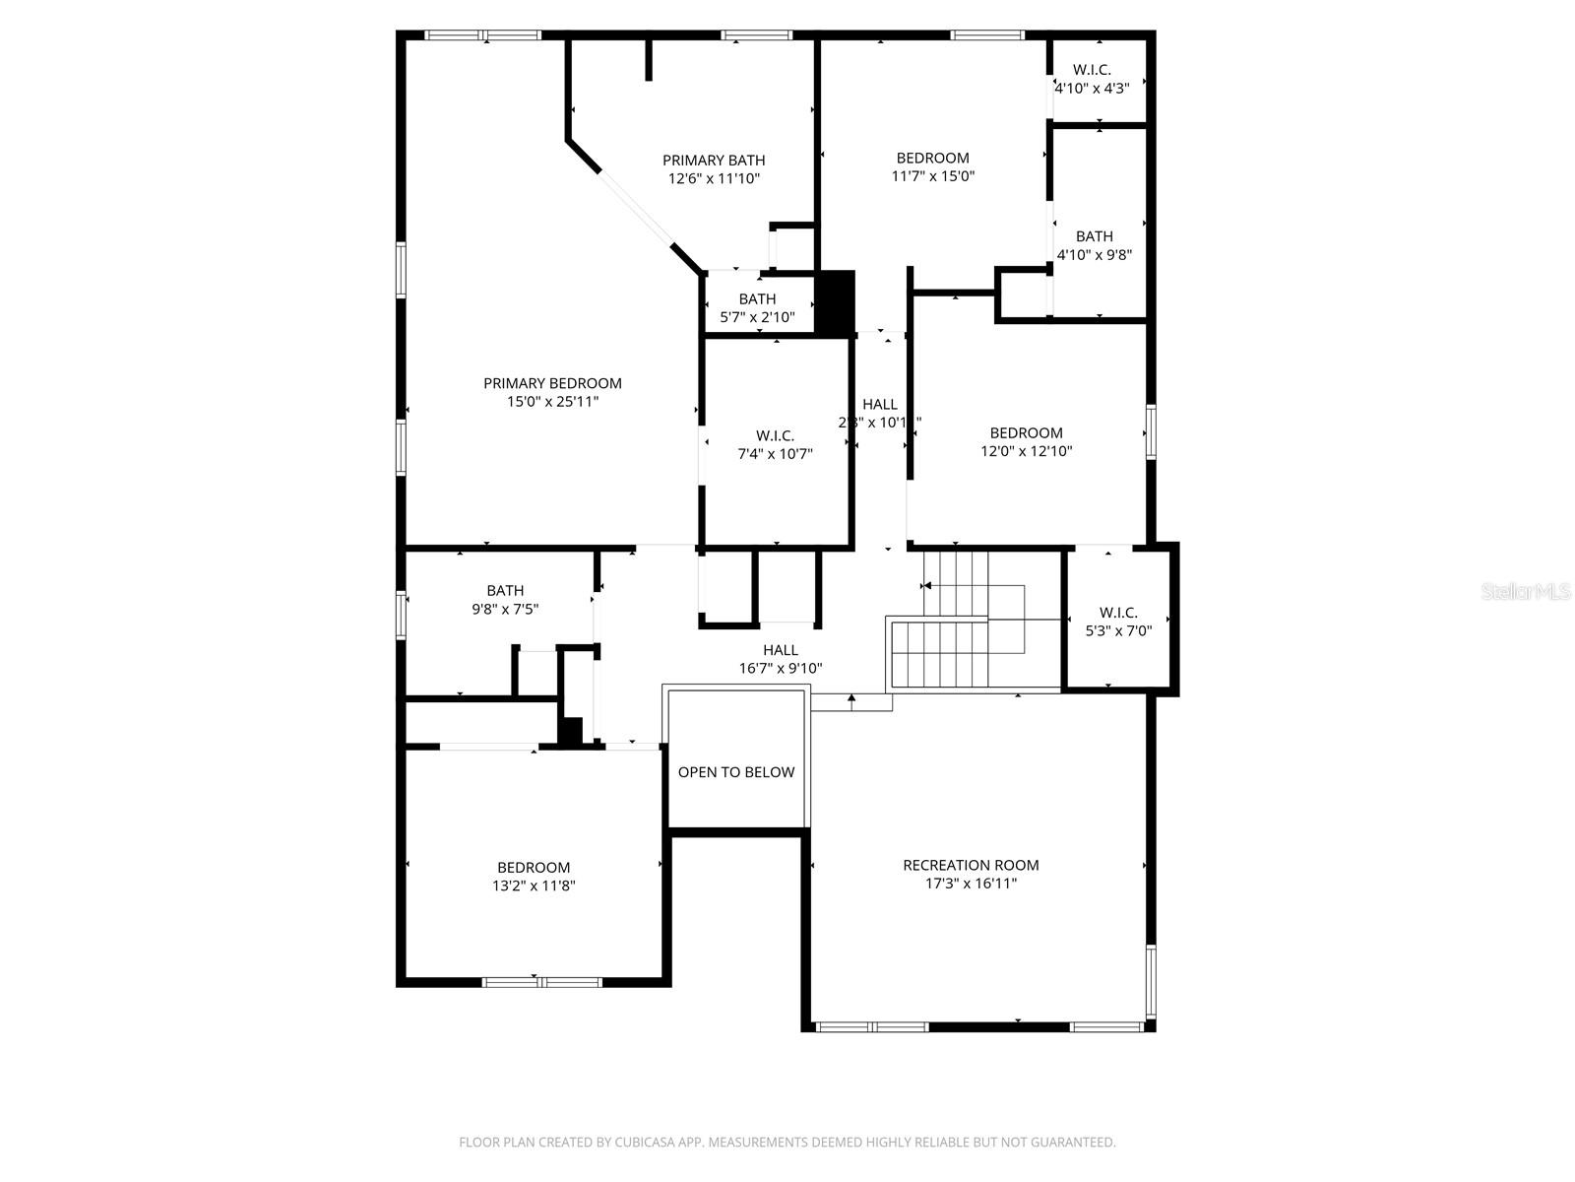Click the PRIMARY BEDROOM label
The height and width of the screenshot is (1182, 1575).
pyautogui.click(x=552, y=383)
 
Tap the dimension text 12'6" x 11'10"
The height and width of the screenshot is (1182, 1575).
pyautogui.click(x=714, y=178)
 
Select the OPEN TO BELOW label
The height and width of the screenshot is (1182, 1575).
pyautogui.click(x=736, y=772)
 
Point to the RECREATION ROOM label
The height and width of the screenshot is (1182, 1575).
pyautogui.click(x=971, y=865)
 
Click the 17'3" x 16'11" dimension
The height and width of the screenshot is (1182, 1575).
pyautogui.click(x=971, y=884)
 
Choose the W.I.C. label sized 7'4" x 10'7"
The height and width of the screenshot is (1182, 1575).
pyautogui.click(x=775, y=435)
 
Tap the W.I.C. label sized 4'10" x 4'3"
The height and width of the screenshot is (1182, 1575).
pyautogui.click(x=1092, y=70)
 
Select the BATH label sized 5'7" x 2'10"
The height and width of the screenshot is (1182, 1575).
pyautogui.click(x=757, y=298)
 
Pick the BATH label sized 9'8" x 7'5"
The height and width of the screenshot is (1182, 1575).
pyautogui.click(x=505, y=591)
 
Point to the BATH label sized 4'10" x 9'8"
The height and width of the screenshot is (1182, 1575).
pyautogui.click(x=1094, y=236)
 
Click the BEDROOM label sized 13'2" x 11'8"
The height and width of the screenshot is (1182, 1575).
pyautogui.click(x=534, y=867)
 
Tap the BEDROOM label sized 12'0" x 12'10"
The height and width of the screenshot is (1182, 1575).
pyautogui.click(x=1026, y=432)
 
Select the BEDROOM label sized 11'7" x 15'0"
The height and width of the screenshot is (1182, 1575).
pyautogui.click(x=932, y=158)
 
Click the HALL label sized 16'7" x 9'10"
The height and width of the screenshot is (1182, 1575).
pyautogui.click(x=781, y=650)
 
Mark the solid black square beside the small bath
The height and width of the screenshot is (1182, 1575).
pyautogui.click(x=836, y=303)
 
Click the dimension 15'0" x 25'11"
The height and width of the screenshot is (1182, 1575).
pyautogui.click(x=552, y=402)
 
